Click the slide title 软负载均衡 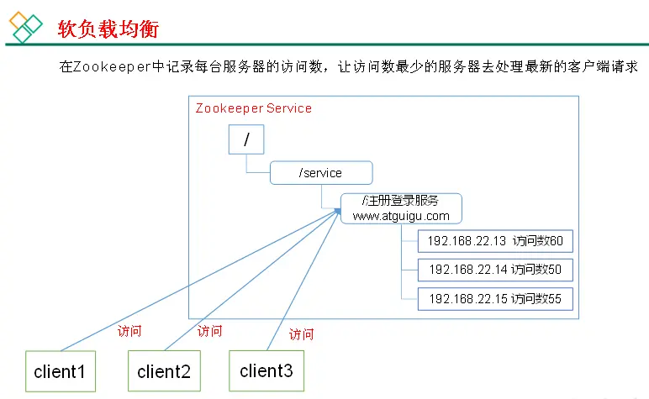108,29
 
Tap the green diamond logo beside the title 25,27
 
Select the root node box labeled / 246,140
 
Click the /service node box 320,173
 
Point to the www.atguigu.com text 401,216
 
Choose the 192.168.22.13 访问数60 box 495,241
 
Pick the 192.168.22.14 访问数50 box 495,270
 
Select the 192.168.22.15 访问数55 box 495,298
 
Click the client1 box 60,371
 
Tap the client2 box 163,371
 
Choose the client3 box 266,370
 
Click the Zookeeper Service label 253,108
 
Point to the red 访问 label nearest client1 129,330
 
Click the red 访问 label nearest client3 301,334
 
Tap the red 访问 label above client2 209,331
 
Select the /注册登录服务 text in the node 400,201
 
